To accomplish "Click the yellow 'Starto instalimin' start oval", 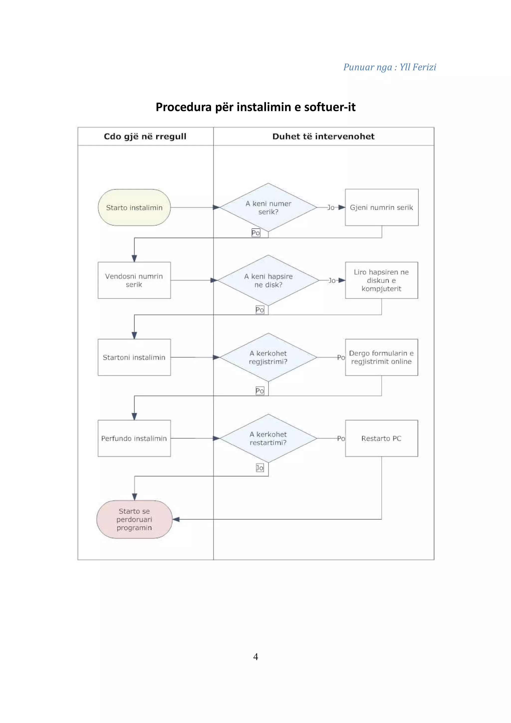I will (x=134, y=208).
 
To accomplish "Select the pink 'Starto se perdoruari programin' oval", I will (x=134, y=519).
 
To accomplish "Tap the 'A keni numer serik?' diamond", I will (x=268, y=208).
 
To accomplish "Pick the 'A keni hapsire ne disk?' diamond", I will (x=268, y=280).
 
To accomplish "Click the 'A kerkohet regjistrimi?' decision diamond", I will (x=268, y=358).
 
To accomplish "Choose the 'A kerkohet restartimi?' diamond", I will (x=268, y=438).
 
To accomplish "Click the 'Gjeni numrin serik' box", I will (x=382, y=208).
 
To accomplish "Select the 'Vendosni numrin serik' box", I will (x=134, y=280).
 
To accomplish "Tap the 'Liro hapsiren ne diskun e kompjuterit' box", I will (x=382, y=280).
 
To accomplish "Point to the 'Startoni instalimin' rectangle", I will (x=134, y=358).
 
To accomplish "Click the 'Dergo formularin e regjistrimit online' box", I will (x=382, y=358).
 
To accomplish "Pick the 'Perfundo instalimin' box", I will (x=134, y=438).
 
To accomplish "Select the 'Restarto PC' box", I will (x=382, y=438).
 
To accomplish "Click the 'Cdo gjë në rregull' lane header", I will (x=145, y=136).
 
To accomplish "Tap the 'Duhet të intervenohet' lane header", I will (x=323, y=136).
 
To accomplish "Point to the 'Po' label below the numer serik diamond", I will (x=256, y=233).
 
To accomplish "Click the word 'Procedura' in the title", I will (x=184, y=107).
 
